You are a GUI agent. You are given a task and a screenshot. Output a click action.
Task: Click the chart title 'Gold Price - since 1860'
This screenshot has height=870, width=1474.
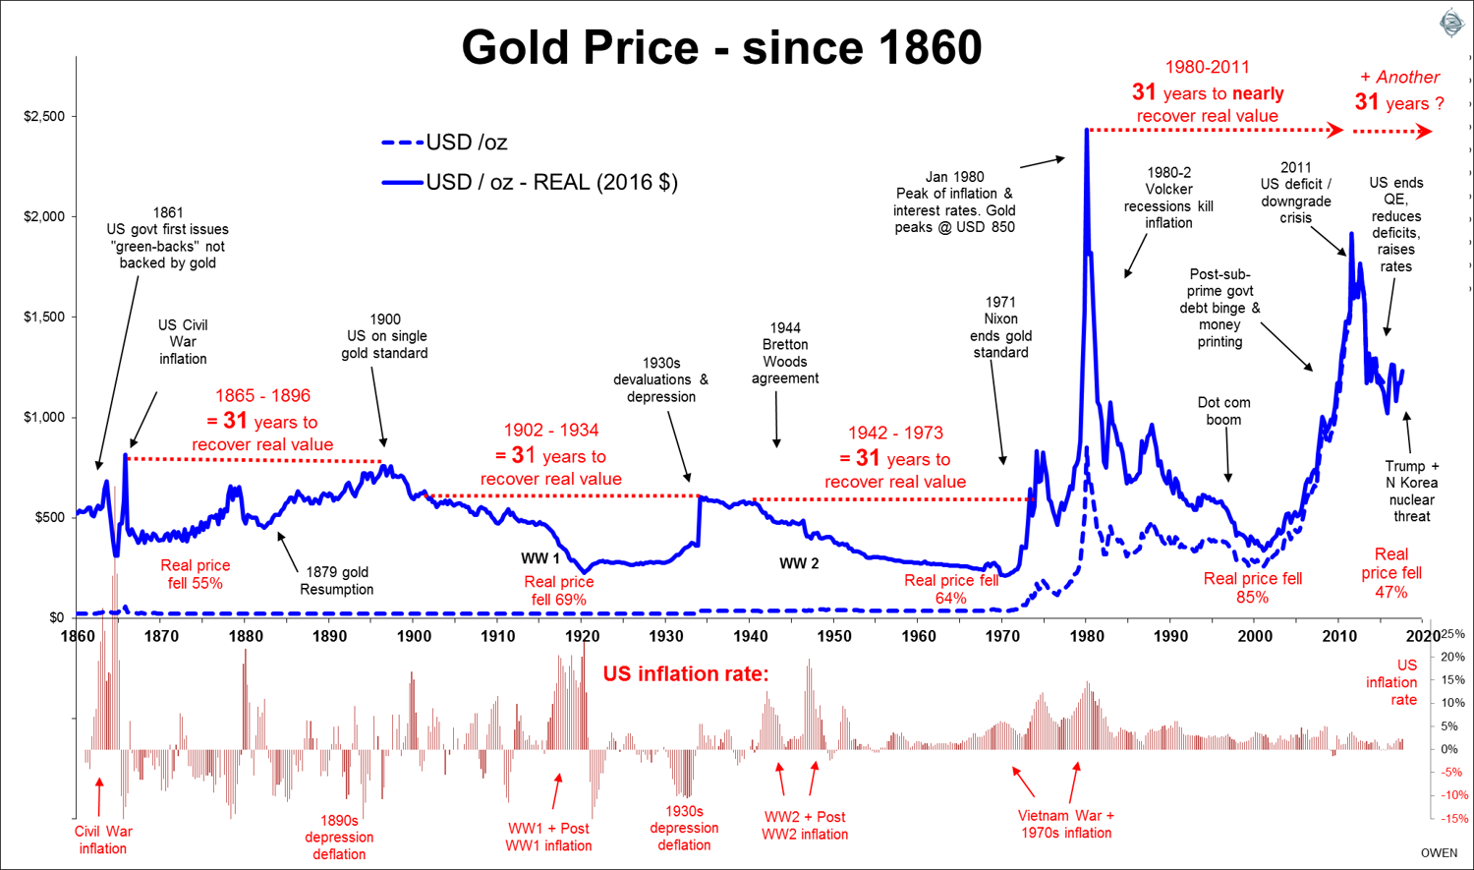coord(721,47)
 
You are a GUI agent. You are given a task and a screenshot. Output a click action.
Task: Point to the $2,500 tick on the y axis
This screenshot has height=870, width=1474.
coord(44,117)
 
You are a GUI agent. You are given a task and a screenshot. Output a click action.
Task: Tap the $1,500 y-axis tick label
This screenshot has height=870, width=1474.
coord(44,317)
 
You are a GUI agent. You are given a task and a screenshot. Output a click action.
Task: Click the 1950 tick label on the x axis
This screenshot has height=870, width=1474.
coord(833,636)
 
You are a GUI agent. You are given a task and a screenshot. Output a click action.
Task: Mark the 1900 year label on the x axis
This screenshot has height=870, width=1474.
coord(414,636)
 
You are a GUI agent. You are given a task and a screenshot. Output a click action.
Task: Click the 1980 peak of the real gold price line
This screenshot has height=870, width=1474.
coord(1086,130)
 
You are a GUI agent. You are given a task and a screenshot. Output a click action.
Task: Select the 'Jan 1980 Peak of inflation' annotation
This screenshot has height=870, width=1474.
coord(954,202)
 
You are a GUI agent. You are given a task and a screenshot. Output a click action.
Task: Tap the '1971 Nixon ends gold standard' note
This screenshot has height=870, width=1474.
coord(1000,327)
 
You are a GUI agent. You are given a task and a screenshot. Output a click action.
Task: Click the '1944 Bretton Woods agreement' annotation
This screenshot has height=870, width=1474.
coord(785,353)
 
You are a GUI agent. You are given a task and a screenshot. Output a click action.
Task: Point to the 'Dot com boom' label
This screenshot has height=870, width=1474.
coord(1223,411)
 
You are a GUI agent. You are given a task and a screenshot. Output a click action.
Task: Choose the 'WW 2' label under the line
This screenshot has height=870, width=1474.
coord(799,563)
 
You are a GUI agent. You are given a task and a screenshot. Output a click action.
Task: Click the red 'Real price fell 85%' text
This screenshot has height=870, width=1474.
coord(1252,587)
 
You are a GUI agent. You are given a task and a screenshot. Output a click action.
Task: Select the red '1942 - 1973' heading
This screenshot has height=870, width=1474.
coord(895,433)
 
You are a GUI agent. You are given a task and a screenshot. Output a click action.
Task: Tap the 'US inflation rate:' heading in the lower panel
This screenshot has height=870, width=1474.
coord(685,673)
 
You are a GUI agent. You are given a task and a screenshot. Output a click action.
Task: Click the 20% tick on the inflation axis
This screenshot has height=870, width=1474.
coord(1452,657)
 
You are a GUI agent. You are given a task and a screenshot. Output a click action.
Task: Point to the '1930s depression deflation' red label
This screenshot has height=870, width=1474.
coord(684,828)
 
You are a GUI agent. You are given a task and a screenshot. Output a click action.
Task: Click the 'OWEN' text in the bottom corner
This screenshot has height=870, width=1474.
coord(1439,852)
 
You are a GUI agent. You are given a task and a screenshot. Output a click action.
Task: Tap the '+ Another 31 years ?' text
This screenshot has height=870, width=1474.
coord(1399,90)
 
